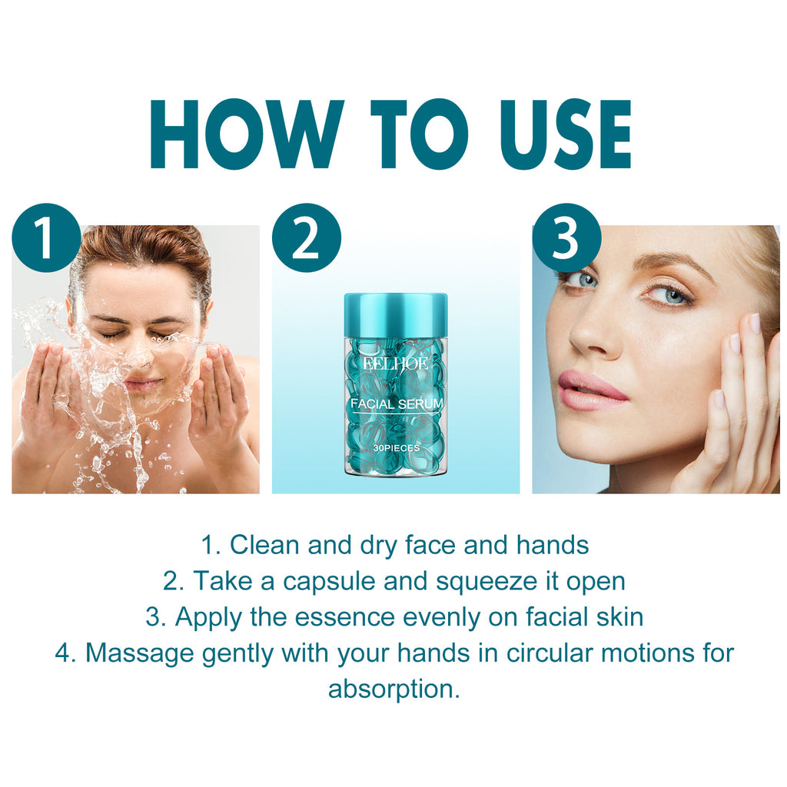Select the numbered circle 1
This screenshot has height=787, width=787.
(46, 237)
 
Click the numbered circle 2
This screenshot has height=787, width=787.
(306, 237)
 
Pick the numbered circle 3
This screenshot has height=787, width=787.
(566, 237)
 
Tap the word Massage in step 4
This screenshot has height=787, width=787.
(139, 653)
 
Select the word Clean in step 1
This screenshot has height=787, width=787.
(265, 545)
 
